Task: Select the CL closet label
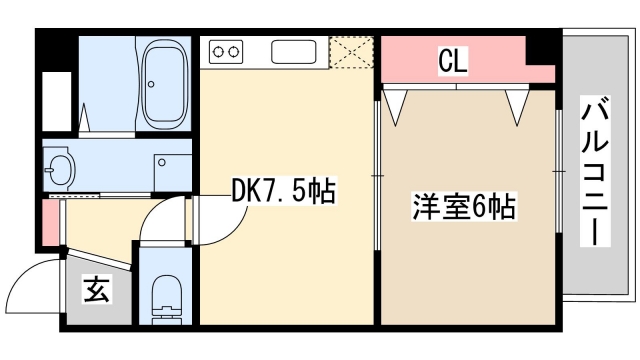[452, 62]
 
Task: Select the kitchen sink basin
[293, 51]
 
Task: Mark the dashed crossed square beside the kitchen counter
[352, 53]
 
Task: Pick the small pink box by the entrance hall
[48, 225]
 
